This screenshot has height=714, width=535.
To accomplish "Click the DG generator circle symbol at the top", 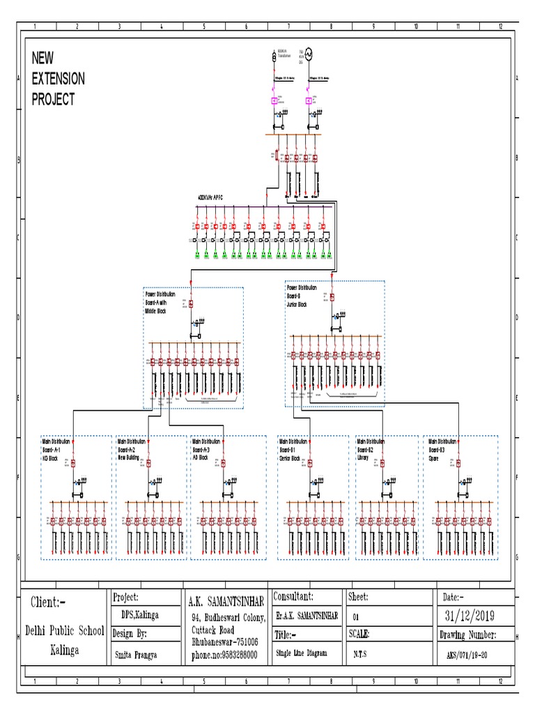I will (309, 53).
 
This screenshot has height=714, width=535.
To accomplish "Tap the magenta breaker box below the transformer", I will (274, 101).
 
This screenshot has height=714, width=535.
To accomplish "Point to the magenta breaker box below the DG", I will (309, 101).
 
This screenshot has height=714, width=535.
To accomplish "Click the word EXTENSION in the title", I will (59, 79).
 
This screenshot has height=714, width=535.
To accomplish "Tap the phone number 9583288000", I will (224, 655).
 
